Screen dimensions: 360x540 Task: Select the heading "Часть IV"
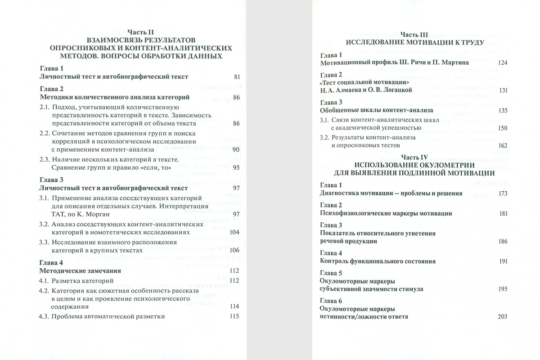[x=414, y=157]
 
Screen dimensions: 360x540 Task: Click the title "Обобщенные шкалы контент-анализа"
[x=376, y=110]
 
